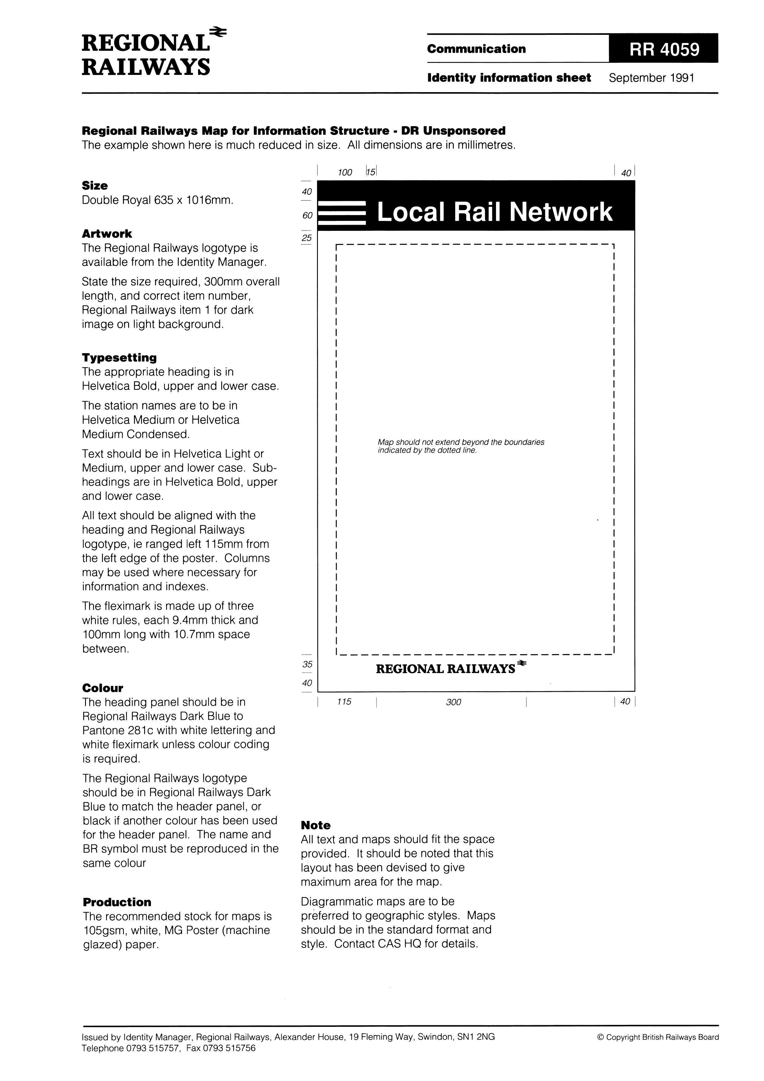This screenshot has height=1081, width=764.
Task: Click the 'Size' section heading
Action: click(95, 186)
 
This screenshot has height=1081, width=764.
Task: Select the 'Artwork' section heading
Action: click(107, 234)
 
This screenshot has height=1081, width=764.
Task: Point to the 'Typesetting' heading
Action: click(119, 357)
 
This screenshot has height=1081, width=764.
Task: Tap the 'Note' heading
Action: click(315, 825)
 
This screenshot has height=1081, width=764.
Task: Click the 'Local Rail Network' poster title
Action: click(495, 212)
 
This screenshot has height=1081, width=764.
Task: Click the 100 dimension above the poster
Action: click(345, 172)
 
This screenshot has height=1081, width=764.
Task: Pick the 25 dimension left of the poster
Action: click(307, 238)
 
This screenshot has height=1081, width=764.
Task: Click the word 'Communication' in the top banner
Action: click(476, 49)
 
